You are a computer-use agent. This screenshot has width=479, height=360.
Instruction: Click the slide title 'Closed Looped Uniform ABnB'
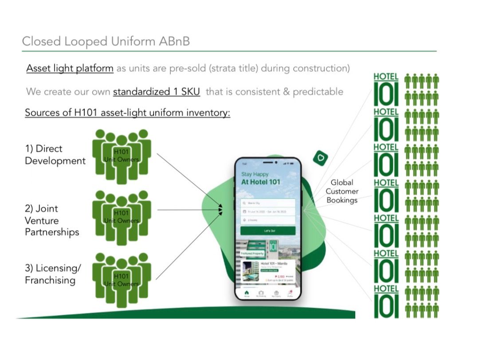click(106, 41)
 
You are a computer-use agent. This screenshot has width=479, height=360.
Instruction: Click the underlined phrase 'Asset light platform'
click(70, 68)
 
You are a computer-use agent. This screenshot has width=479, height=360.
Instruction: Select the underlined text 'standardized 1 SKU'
click(157, 92)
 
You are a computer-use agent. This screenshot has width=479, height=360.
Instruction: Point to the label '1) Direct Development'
click(55, 155)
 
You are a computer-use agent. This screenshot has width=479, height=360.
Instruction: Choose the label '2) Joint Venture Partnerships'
click(52, 220)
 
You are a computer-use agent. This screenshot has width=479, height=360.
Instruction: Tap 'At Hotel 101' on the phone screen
click(261, 182)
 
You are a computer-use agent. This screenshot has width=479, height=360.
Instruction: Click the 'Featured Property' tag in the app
click(252, 254)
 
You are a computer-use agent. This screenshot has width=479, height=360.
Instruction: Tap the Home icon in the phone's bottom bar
click(247, 293)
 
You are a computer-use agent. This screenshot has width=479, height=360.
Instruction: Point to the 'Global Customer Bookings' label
click(342, 191)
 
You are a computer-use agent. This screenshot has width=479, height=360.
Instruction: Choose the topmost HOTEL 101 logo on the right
click(386, 89)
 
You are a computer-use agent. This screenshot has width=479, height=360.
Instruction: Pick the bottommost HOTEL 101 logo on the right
click(386, 301)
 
